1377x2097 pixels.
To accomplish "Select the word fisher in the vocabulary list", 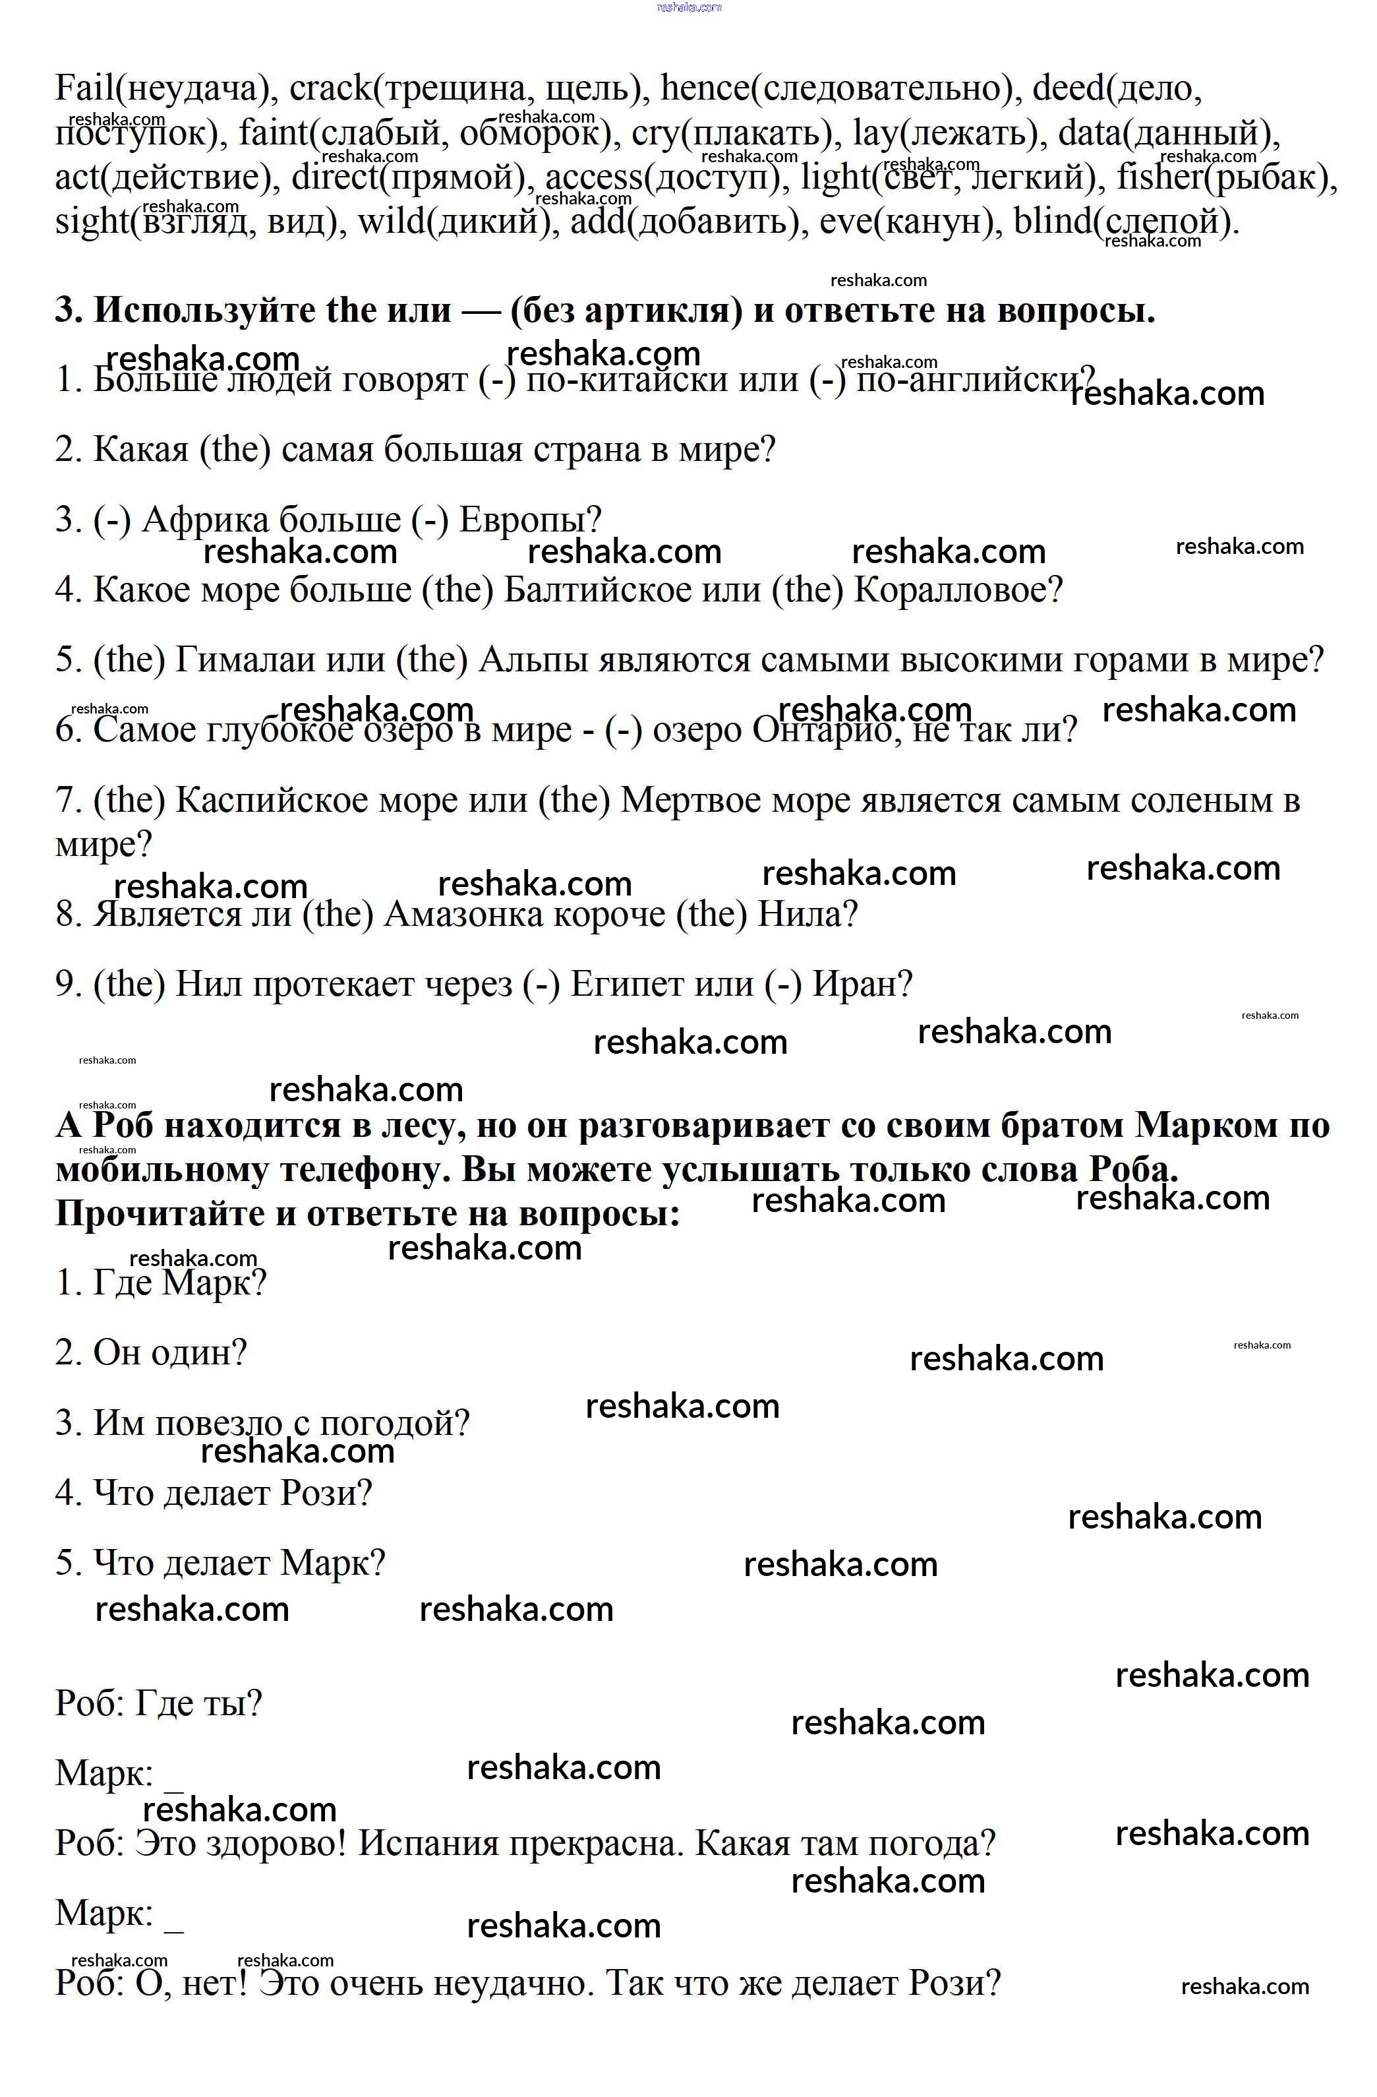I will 1159,177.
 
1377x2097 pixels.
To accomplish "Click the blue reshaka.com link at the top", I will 689,7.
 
